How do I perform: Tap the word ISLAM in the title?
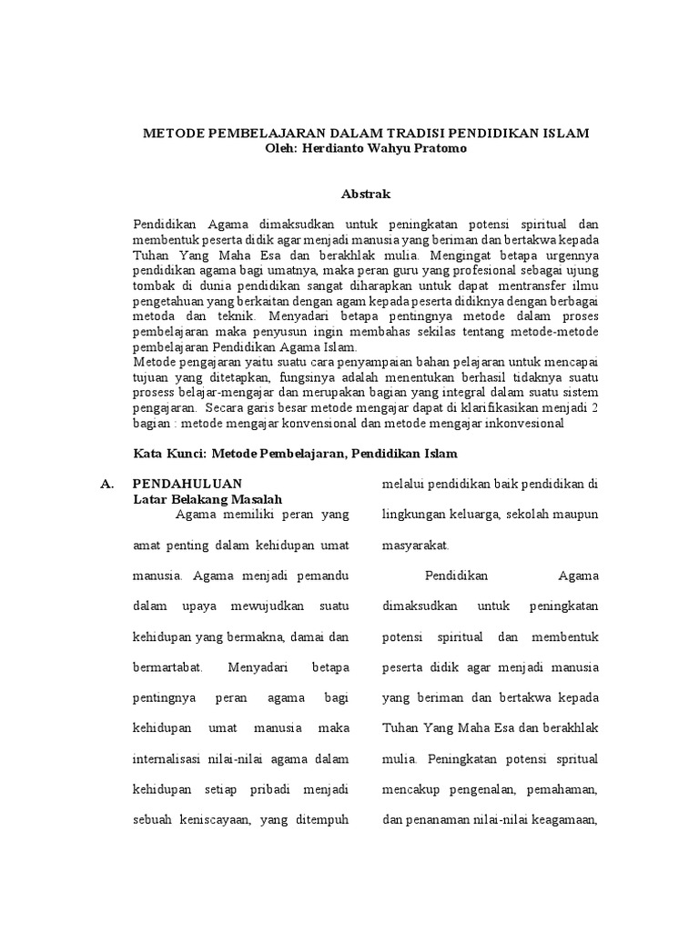pos(565,133)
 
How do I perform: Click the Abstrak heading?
pos(366,193)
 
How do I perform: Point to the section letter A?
pos(106,484)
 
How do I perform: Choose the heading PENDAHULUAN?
pos(187,484)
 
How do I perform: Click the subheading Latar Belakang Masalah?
pos(208,499)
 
